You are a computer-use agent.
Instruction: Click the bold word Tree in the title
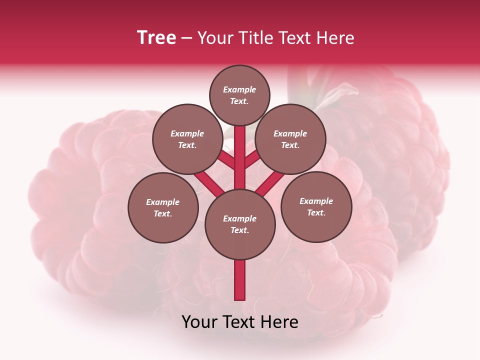tap(156, 38)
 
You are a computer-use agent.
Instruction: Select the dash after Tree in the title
tap(186, 38)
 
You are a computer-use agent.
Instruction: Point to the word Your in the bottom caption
tap(200, 322)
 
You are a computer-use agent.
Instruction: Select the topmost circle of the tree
tap(239, 95)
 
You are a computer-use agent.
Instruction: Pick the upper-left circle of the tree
tap(187, 139)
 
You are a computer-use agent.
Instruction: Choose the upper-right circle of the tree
tap(290, 139)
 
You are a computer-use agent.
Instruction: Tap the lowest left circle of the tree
tap(163, 207)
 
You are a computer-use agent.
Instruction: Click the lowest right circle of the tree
tap(316, 206)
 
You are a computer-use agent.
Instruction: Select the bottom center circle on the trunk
tap(240, 224)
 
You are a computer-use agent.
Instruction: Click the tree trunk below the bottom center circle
tap(240, 280)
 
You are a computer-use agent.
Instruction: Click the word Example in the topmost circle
tap(239, 89)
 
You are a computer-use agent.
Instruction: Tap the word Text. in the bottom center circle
tap(240, 230)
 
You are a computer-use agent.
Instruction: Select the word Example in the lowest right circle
tap(316, 201)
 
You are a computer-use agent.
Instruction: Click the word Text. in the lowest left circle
tap(163, 214)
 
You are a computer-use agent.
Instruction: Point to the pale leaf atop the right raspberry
tap(340, 93)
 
